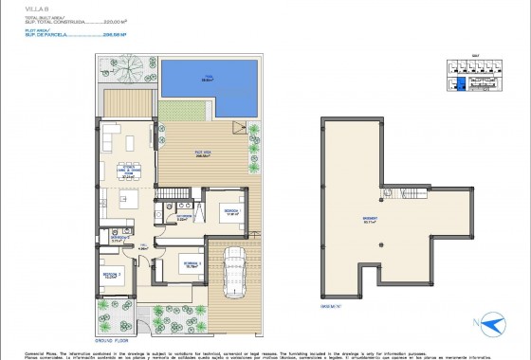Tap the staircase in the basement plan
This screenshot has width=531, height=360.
coord(414,194)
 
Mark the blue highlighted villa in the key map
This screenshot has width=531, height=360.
coord(461,83)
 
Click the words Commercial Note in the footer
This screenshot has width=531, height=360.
coord(38,348)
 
